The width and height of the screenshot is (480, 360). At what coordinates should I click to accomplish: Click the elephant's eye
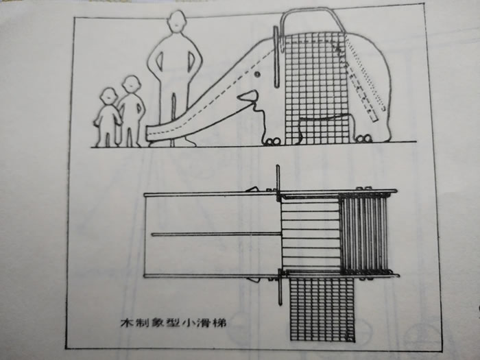click(x=257, y=74)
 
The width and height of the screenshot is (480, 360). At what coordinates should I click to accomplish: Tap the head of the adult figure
click(x=177, y=21)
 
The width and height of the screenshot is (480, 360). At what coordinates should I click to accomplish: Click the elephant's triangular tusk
click(x=248, y=96)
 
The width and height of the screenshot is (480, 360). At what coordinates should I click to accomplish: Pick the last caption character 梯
click(x=219, y=323)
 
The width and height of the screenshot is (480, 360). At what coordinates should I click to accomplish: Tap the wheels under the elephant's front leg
click(x=272, y=141)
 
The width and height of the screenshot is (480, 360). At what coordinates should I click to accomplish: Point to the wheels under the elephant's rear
click(x=364, y=139)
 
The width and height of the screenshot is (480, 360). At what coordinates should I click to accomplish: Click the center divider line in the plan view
click(x=216, y=235)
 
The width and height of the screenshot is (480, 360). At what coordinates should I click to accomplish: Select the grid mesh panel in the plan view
click(x=322, y=309)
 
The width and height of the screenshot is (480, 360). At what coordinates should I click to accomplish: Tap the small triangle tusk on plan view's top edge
click(x=252, y=189)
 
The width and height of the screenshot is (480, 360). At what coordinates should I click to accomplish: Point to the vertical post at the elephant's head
click(x=276, y=57)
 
